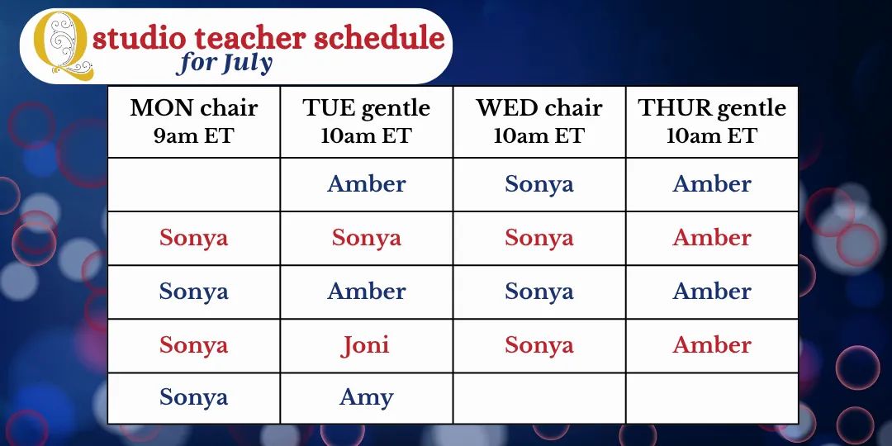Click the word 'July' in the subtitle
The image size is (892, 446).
247,63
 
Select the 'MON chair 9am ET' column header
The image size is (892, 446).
194,121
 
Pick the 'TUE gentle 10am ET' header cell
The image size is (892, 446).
367,121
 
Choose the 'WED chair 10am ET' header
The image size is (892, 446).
539,121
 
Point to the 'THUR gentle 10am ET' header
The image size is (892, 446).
712,121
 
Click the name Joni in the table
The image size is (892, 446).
365,344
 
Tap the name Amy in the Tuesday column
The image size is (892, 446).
367,397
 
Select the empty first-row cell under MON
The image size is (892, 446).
194,184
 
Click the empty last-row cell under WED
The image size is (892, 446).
539,398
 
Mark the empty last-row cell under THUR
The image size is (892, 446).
712,398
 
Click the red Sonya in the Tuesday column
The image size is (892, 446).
367,238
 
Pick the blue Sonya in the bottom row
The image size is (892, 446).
193,397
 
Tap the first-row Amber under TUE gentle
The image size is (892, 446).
367,183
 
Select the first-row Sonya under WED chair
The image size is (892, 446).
539,184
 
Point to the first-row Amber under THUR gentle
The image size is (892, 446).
712,183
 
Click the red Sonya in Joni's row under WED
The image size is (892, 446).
539,345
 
